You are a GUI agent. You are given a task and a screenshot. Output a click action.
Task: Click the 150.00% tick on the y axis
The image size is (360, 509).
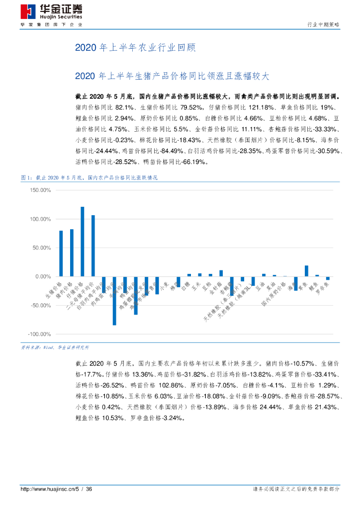[x=41, y=190]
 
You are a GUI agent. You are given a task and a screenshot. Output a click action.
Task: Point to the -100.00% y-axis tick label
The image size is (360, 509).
[x=40, y=334]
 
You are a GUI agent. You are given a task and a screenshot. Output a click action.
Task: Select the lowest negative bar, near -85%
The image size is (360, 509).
[x=114, y=300]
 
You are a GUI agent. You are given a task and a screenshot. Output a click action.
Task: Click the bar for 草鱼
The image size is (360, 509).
[x=306, y=271]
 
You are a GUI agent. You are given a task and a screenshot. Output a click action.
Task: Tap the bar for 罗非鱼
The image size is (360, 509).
[x=328, y=278]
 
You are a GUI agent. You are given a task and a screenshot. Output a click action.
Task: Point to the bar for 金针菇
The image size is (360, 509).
[x=221, y=273]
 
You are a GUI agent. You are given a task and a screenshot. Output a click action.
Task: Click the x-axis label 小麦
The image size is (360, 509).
[x=165, y=287]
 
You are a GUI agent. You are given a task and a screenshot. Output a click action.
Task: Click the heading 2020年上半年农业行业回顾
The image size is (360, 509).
[x=135, y=48]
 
